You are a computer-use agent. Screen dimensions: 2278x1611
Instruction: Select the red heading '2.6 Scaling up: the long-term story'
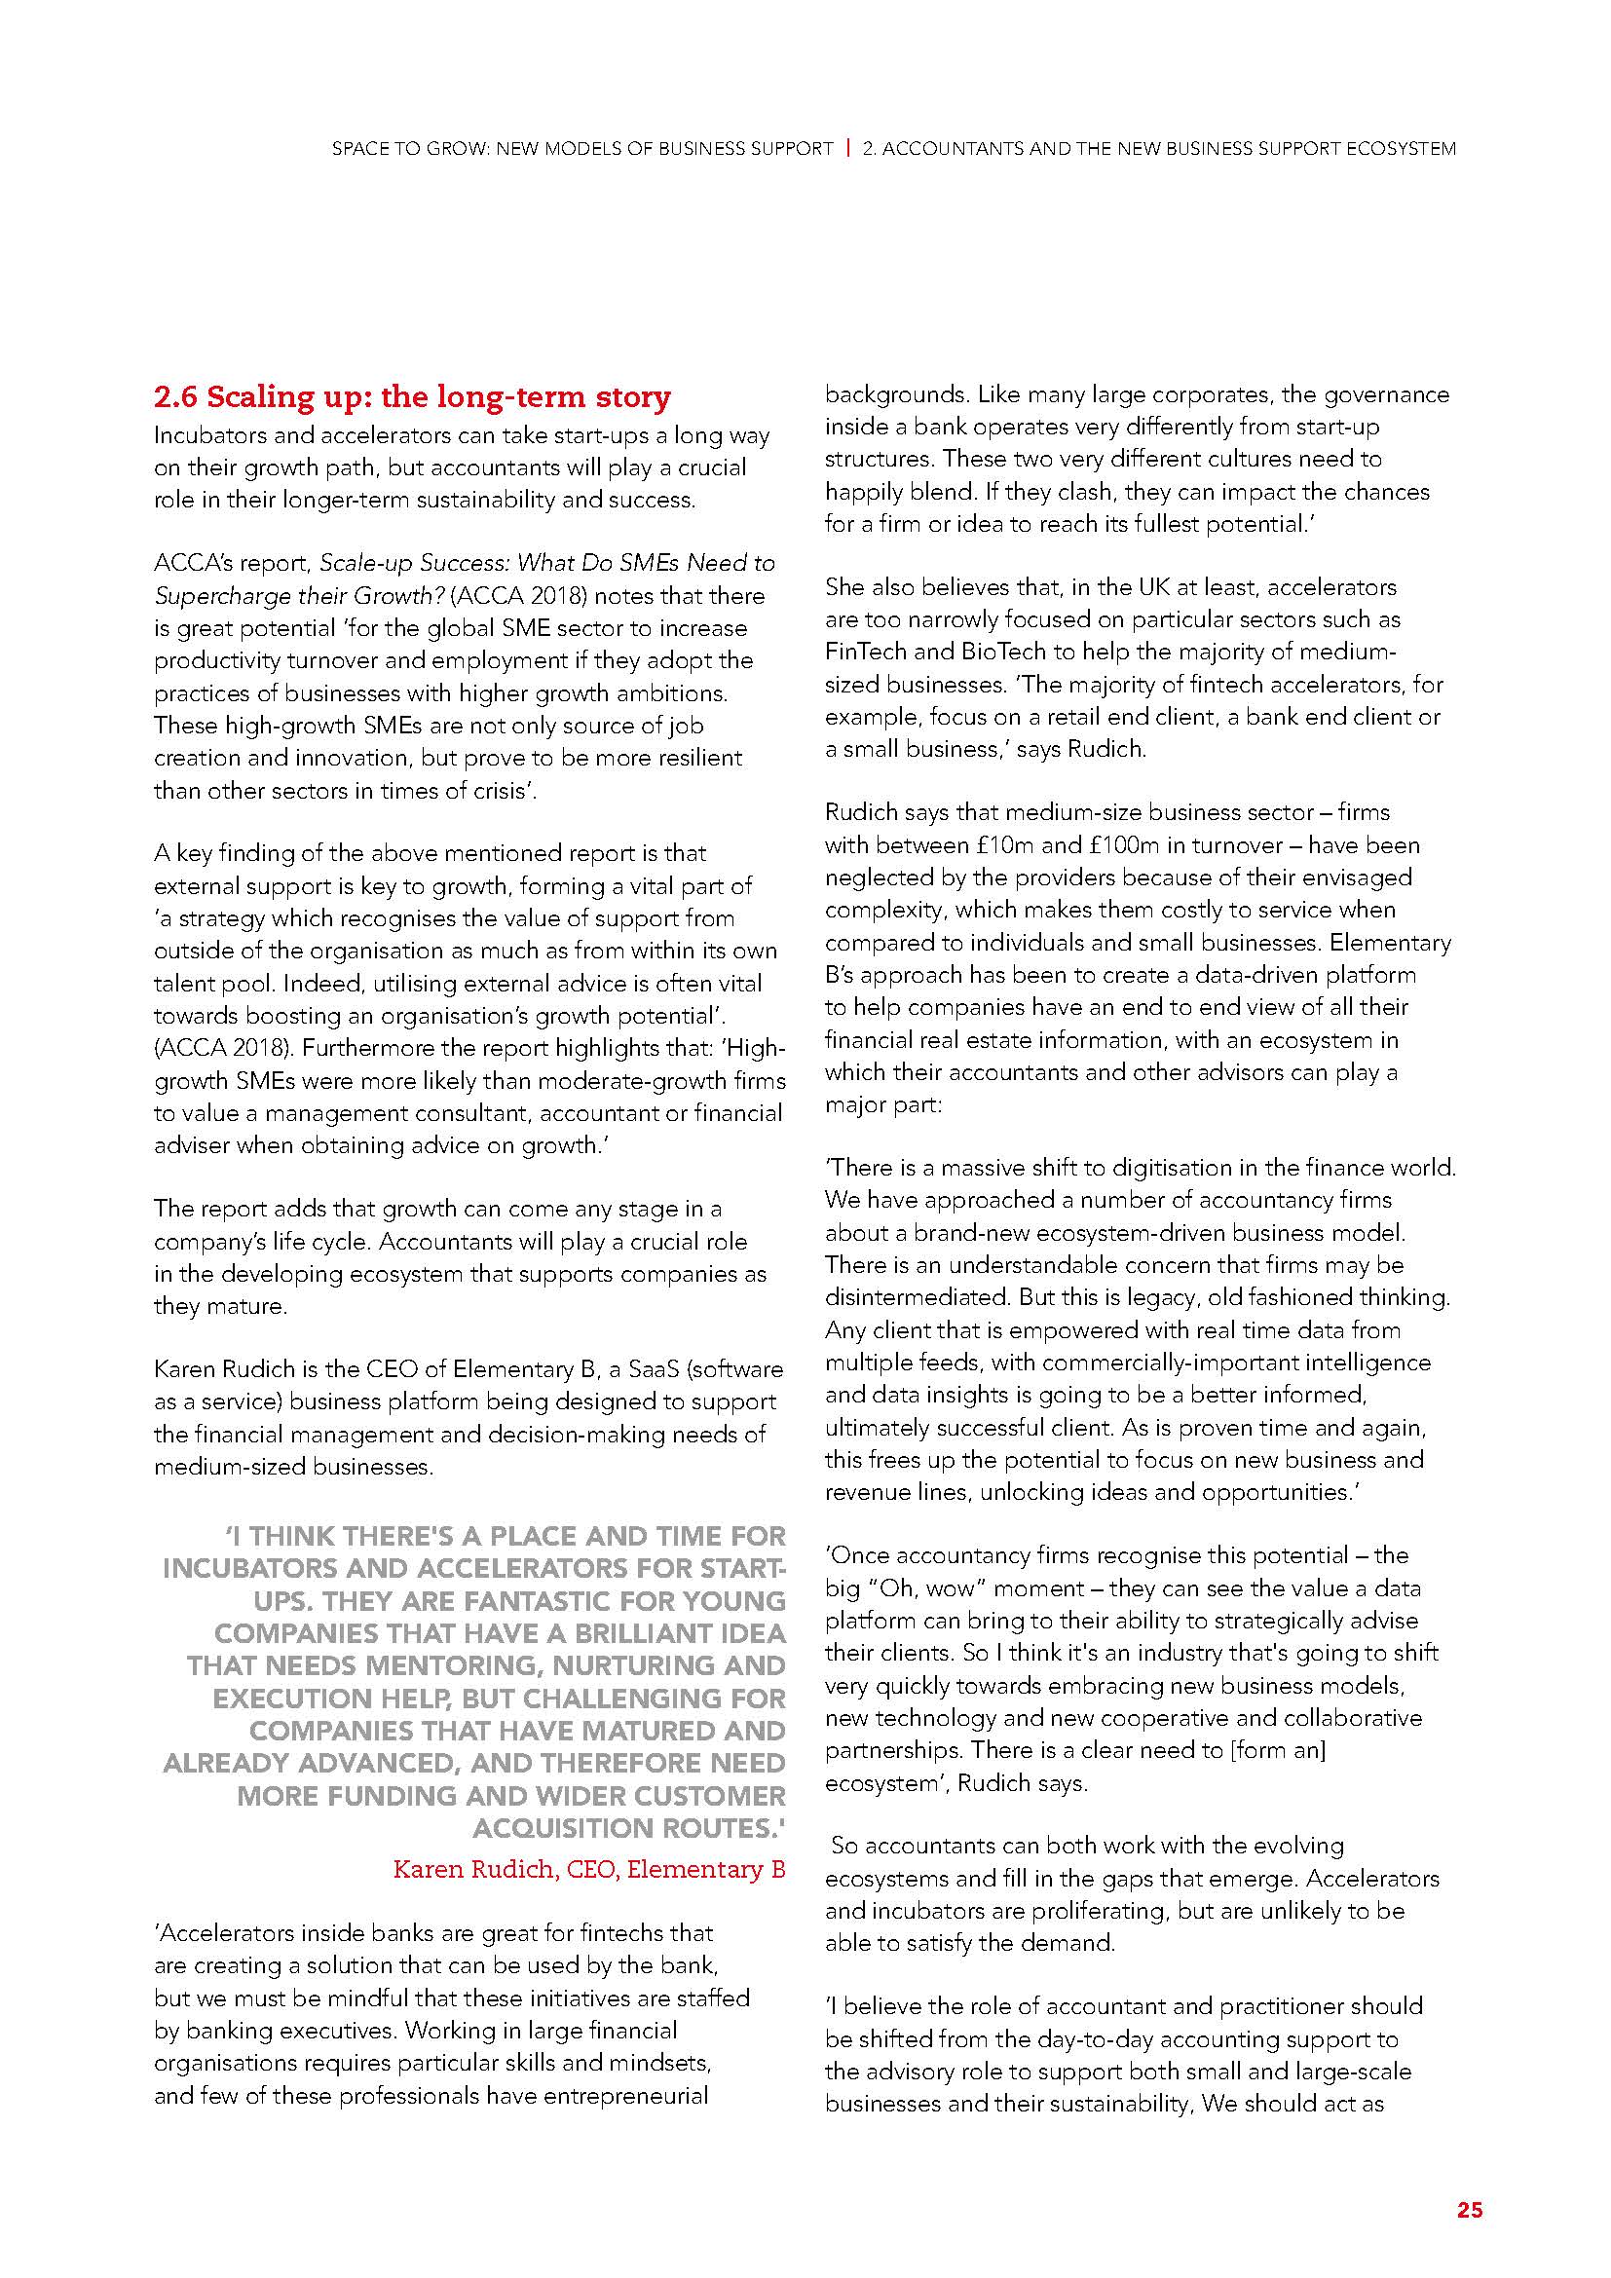point(412,398)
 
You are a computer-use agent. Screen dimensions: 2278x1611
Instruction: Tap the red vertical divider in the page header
point(848,149)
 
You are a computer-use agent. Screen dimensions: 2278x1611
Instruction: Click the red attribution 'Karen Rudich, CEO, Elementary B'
point(589,1869)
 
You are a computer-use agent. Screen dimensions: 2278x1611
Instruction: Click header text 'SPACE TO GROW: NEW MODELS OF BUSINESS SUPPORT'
point(582,149)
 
